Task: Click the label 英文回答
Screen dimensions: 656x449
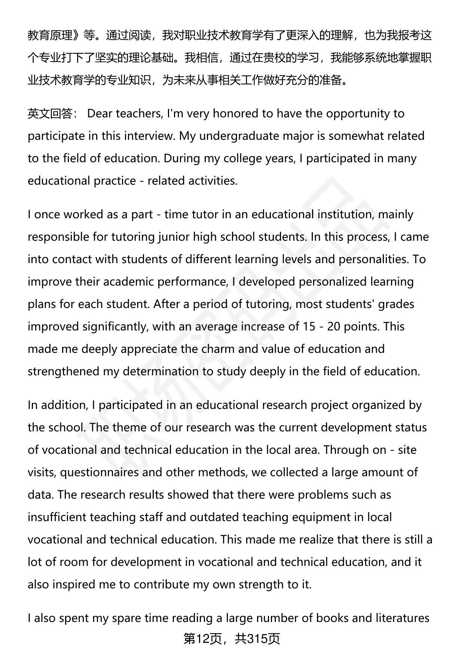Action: [x=50, y=114]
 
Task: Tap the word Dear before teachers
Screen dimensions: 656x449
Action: [x=100, y=114]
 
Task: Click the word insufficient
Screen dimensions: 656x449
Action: [x=56, y=517]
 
